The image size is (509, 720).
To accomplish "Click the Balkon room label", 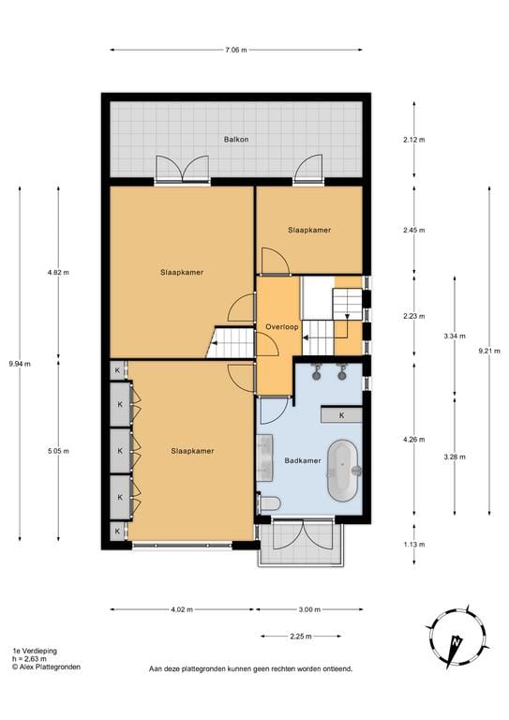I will point(235,141).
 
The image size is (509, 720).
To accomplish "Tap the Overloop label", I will point(281,327).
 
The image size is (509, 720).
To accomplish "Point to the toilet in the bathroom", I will point(270,503).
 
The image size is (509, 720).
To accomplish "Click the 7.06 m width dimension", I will point(235,50).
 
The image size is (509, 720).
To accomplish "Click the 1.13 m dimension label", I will point(414,544).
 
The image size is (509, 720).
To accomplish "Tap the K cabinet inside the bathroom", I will point(341,414).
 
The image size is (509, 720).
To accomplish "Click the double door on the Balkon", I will point(182,169).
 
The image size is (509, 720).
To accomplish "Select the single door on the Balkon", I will point(307,170).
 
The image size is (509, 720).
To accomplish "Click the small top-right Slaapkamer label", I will point(308,230).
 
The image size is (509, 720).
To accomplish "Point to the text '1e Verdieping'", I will point(32,650).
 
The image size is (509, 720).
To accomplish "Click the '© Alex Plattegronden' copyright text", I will point(46,667).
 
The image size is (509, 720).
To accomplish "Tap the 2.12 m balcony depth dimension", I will point(414,140).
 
